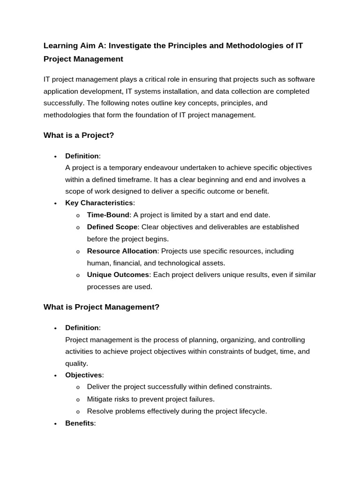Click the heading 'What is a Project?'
click(79, 135)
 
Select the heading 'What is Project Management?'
click(101, 307)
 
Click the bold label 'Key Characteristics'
click(99, 203)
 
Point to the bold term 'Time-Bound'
click(108, 215)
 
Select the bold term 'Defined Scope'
click(112, 227)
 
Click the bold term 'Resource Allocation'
click(122, 251)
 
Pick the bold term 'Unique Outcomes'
click(118, 275)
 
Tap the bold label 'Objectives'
click(83, 375)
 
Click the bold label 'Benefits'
click(79, 423)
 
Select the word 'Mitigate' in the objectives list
click(100, 399)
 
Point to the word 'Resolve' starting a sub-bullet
click(99, 412)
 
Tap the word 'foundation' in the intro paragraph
click(142, 115)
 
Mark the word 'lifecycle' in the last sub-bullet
click(252, 412)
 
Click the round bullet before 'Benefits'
click(55, 424)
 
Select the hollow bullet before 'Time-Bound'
click(77, 216)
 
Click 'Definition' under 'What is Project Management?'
click(82, 328)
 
